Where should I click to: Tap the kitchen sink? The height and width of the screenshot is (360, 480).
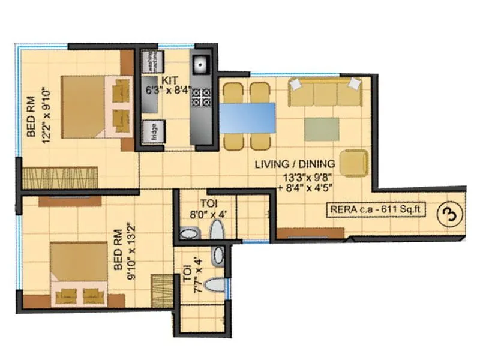(x=199, y=62)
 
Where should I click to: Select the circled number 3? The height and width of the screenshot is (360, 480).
(x=446, y=214)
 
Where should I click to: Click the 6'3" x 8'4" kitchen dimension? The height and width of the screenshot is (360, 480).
(x=167, y=92)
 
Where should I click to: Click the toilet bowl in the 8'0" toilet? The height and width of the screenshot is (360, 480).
(x=217, y=230)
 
